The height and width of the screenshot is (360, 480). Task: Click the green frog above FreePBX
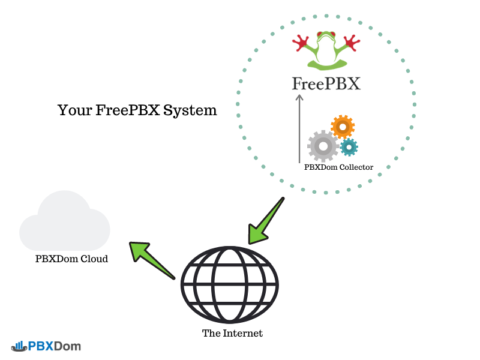326,51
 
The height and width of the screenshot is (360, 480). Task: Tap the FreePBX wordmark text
326,83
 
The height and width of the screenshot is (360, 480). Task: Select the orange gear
342,127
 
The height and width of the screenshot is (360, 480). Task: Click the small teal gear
349,146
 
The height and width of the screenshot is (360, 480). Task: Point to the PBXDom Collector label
338,167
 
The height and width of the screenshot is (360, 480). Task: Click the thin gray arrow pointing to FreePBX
299,129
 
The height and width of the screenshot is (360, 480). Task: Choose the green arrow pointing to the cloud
151,258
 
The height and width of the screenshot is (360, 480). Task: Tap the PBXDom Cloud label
71,259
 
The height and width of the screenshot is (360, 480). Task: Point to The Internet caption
232,333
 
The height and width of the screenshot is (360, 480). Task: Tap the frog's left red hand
301,43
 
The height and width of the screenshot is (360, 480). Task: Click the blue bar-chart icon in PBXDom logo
18,346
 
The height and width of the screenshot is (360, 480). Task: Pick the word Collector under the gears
355,167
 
